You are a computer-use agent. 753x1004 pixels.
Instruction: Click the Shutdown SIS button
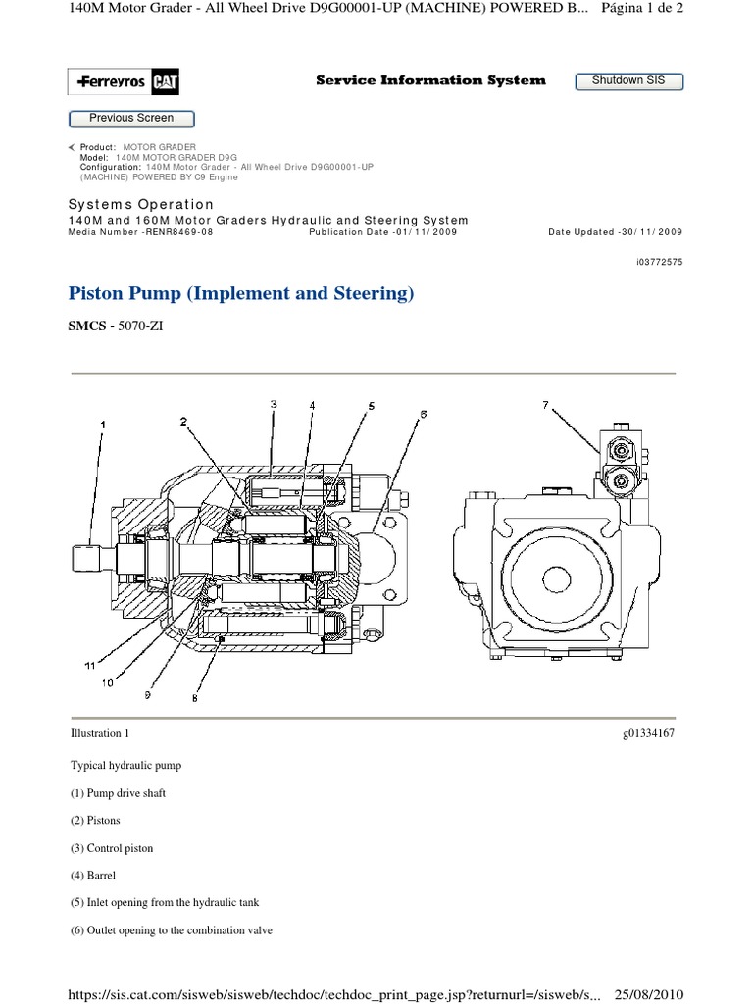tap(627, 81)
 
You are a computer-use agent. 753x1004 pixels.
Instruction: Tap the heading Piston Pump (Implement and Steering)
tap(241, 293)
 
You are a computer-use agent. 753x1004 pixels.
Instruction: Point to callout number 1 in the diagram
tap(101, 424)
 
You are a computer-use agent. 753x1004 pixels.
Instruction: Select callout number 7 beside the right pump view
tap(546, 404)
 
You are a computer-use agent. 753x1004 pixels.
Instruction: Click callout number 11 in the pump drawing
tap(89, 665)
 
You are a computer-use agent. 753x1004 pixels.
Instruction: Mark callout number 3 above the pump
tap(274, 403)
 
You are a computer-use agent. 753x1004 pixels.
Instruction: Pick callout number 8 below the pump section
tap(195, 698)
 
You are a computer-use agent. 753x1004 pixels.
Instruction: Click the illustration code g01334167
tap(648, 733)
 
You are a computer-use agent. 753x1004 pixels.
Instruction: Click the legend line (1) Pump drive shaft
tap(118, 792)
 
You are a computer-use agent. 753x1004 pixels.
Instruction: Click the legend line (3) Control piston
tap(112, 847)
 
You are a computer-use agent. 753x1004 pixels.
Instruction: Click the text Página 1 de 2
tap(647, 9)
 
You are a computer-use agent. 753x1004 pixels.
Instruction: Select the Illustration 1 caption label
tap(99, 733)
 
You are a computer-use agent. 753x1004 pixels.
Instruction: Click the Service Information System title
tap(430, 80)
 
